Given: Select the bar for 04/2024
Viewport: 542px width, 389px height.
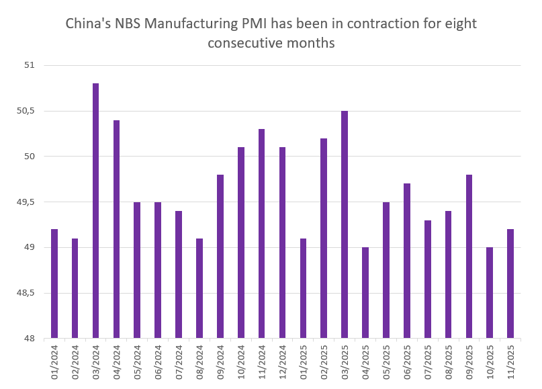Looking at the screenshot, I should coord(116,229).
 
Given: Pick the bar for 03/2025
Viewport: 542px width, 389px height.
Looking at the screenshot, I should coord(345,224).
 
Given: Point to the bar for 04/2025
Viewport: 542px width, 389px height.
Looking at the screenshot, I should coord(365,293).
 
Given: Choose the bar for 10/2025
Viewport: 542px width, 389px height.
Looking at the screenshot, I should coord(490,293).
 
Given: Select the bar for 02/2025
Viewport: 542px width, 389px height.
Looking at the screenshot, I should coord(324,239).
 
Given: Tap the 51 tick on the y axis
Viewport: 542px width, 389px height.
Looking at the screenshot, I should coord(29,65).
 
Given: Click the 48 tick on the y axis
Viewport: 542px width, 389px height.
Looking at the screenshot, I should coord(29,339).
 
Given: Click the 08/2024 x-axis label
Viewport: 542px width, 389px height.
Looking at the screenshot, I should coord(199,363).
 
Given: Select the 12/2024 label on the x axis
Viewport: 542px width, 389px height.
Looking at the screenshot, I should coord(282,363).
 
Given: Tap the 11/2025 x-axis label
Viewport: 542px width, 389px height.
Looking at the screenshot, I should coord(510,363).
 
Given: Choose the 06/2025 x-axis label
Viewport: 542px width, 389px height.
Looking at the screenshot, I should coord(407,363).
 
